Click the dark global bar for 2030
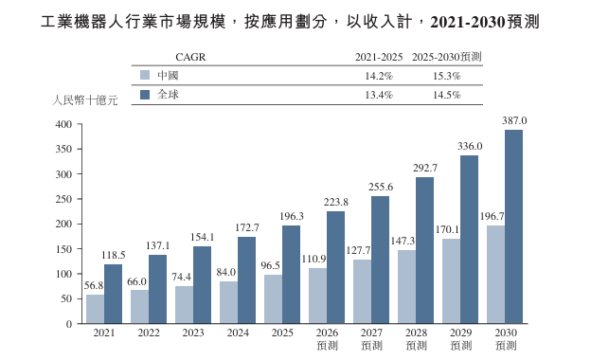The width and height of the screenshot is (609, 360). tap(513, 226)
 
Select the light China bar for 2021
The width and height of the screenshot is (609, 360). tap(95, 309)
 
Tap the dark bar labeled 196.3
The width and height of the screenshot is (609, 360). tap(291, 274)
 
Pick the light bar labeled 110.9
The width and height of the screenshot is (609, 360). tap(317, 296)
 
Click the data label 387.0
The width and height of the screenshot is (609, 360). tap(514, 120)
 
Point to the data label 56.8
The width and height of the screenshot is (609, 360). tap(94, 285)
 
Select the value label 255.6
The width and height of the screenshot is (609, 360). tap(381, 187)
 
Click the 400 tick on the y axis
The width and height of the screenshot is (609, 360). tap(63, 124)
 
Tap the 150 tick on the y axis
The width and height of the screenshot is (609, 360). tap(63, 249)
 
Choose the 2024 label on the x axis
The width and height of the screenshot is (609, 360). tap(238, 333)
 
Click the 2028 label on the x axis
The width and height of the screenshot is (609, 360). tap(417, 333)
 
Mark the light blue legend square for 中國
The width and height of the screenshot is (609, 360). tap(145, 75)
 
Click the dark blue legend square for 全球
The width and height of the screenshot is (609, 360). tap(145, 95)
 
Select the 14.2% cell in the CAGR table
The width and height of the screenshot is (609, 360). tap(379, 76)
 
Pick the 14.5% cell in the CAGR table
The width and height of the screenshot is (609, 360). tap(447, 95)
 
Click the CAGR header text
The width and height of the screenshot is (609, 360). tap(190, 57)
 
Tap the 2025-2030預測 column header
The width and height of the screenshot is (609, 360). tap(447, 57)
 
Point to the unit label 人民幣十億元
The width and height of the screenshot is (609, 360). tap(84, 100)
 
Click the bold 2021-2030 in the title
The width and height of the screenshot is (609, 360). tap(468, 22)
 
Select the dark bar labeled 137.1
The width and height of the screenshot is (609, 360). tap(157, 289)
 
